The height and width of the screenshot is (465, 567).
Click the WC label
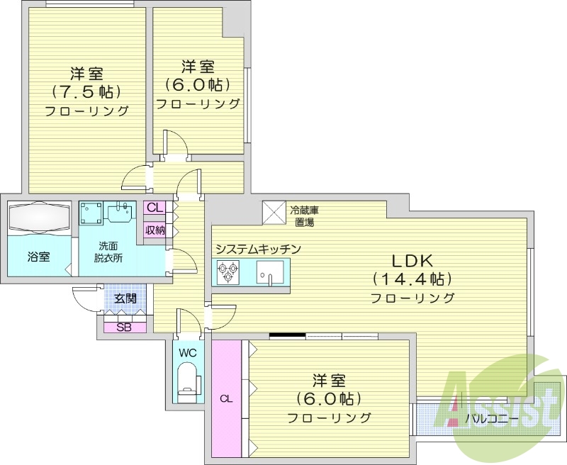[187, 352]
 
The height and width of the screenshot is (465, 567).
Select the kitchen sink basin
[269, 272]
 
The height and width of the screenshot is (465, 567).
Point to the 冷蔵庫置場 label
[304, 216]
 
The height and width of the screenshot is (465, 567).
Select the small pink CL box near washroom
[155, 208]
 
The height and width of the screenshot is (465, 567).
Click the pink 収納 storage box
[155, 230]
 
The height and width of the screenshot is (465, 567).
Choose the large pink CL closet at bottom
[226, 399]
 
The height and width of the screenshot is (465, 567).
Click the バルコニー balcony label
[491, 419]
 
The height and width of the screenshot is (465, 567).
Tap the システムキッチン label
[258, 249]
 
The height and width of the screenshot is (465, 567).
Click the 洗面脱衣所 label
[110, 252]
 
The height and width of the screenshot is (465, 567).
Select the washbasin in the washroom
[120, 211]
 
